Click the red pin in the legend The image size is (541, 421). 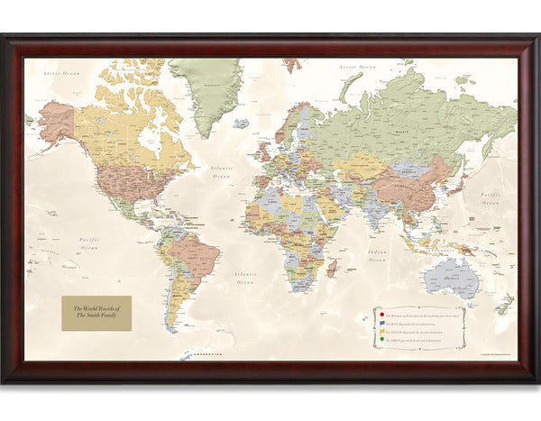point(382,314)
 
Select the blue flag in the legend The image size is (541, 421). point(382,322)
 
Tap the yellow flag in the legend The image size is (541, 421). point(382,331)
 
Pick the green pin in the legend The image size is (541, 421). point(382,340)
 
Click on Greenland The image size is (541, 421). point(206,90)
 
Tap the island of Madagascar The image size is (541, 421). point(334,266)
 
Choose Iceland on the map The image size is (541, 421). point(241,123)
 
